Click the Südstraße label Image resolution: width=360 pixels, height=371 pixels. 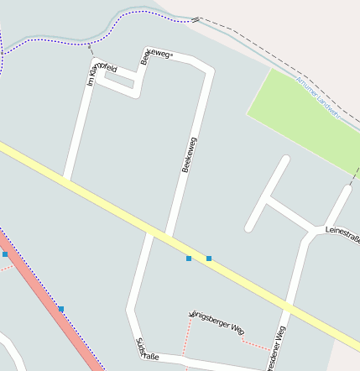coord(147,349)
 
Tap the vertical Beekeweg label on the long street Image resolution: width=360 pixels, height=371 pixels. coord(189,154)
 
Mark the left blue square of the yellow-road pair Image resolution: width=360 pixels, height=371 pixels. coord(189,259)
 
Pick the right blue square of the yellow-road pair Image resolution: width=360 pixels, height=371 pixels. coord(209,259)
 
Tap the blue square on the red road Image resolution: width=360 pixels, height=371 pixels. coord(60,310)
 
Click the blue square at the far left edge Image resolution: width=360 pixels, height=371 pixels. coord(5,253)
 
